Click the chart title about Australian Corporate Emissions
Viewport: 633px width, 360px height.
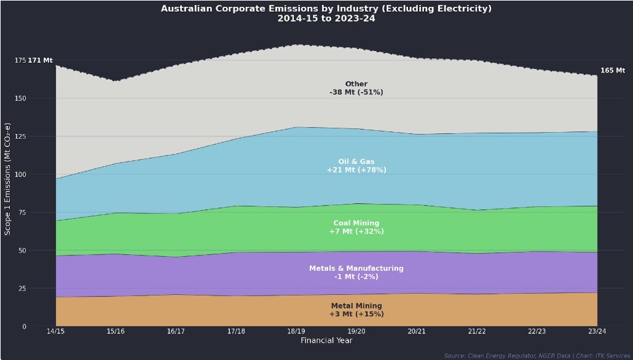[x=326, y=14]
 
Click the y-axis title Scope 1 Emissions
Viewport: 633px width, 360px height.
[x=8, y=179]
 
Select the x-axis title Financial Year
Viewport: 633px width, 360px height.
[x=326, y=340]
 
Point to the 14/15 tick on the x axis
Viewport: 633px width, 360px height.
[x=55, y=332]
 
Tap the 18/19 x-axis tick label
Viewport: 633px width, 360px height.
[x=296, y=332]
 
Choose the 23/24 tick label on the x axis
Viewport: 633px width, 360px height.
[x=597, y=332]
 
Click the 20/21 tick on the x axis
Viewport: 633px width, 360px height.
[x=417, y=332]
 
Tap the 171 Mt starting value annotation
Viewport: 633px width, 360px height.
[x=41, y=60]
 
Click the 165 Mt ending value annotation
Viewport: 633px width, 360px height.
[x=612, y=71]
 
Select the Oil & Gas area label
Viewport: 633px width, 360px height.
[x=356, y=166]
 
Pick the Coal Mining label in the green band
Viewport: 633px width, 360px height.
[x=356, y=227]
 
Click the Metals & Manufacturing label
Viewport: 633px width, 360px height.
[x=356, y=272]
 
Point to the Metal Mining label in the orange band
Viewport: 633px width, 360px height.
[x=356, y=310]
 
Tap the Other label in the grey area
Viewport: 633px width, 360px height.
[x=356, y=88]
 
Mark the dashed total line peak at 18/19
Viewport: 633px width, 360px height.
[x=296, y=45]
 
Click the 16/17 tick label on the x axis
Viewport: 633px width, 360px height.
[x=176, y=332]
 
